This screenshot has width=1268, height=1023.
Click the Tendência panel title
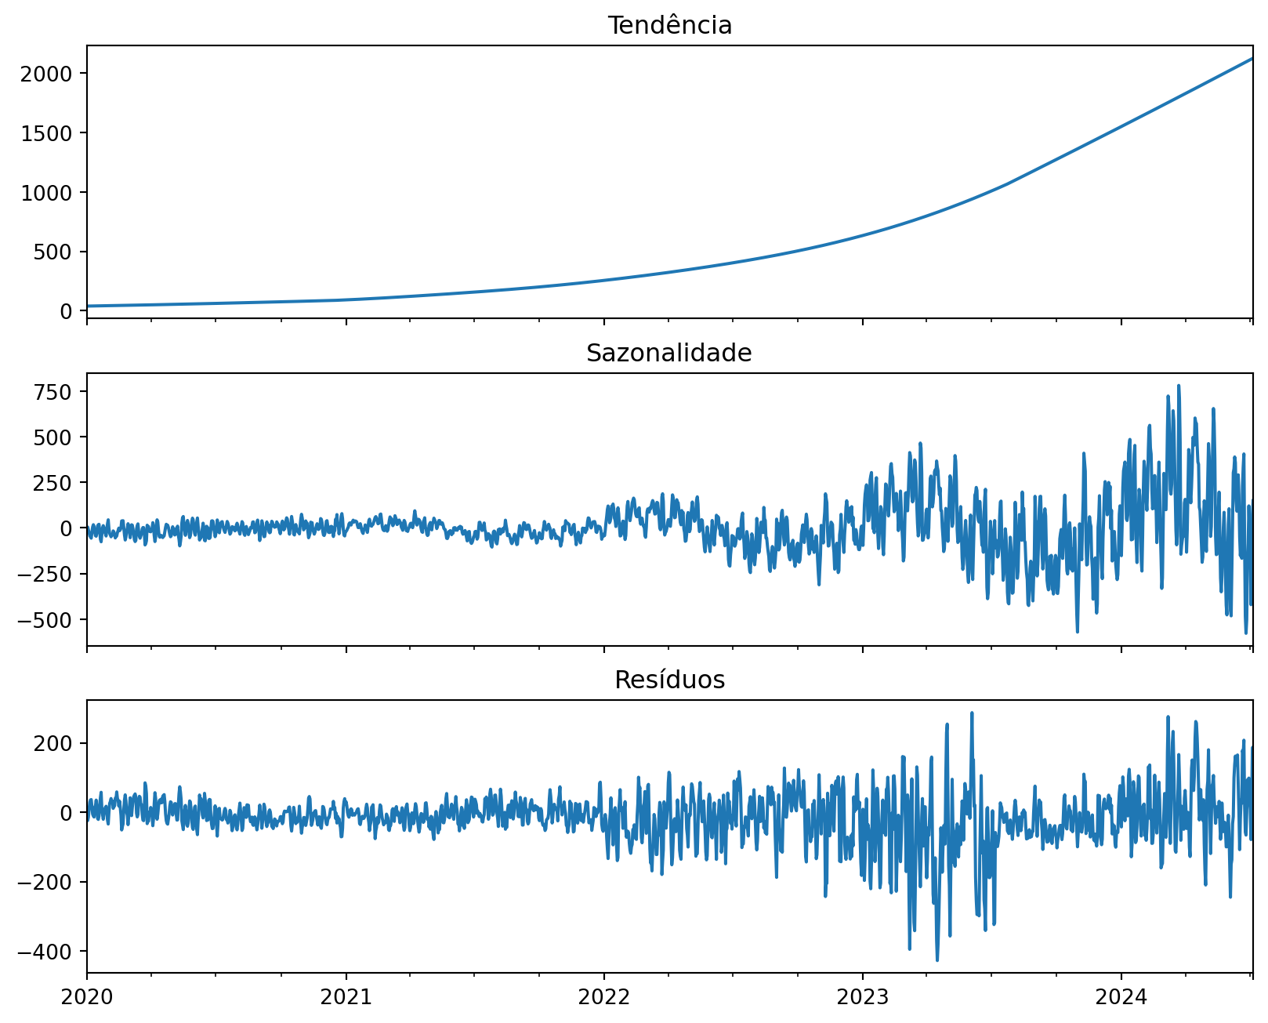[x=669, y=26]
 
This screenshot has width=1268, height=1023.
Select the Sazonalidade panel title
[x=669, y=354]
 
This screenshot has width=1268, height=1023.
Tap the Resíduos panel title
[x=669, y=680]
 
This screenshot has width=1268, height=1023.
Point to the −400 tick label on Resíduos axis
[x=52, y=952]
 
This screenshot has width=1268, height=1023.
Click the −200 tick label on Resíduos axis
[x=52, y=883]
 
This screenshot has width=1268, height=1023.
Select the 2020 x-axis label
[x=87, y=998]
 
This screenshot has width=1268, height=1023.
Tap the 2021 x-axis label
[x=346, y=998]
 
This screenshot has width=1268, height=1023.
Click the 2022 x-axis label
[x=603, y=998]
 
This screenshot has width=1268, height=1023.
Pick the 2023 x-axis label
[x=862, y=998]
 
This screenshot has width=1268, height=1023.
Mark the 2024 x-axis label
[x=1121, y=998]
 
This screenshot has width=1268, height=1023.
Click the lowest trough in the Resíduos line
[x=937, y=960]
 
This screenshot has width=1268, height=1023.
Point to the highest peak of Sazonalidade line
[x=1179, y=386]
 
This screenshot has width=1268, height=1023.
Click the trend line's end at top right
[x=1252, y=59]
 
